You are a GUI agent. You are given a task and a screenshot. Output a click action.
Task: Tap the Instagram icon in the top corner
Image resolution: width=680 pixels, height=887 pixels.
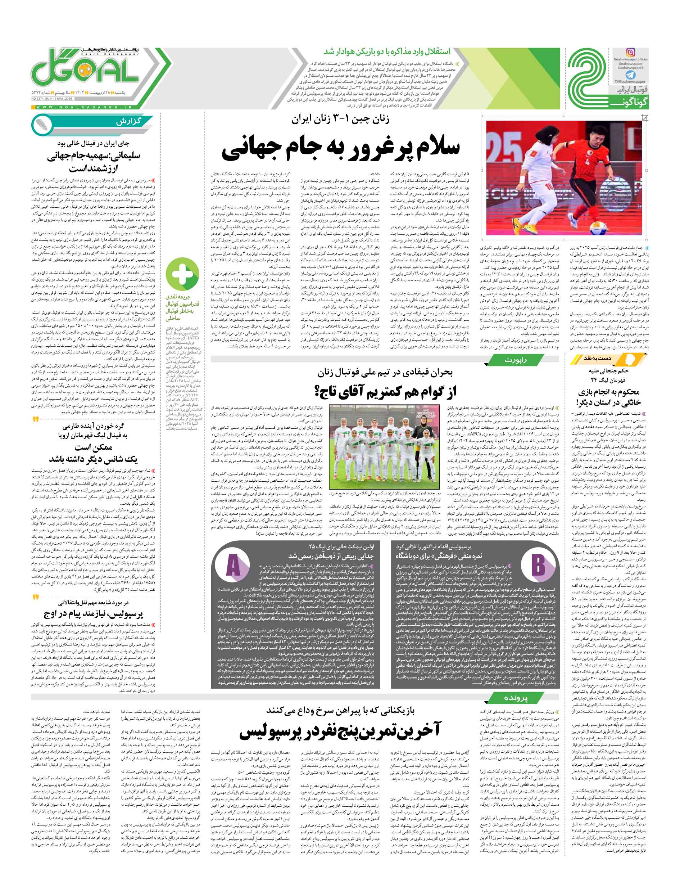pos(631,52)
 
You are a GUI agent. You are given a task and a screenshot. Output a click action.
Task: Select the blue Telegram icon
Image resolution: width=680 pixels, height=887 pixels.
pos(630,75)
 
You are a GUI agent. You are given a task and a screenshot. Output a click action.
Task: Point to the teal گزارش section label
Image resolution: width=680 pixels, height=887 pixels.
pos(129,122)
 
